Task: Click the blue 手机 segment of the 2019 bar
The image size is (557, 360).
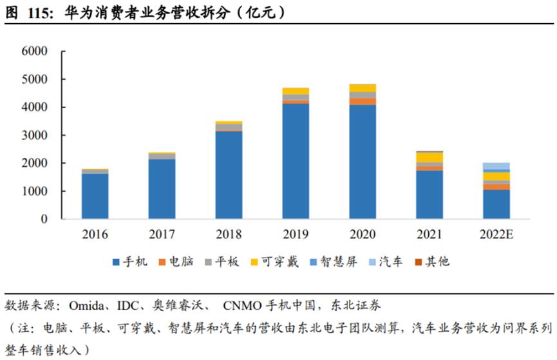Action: [296, 161]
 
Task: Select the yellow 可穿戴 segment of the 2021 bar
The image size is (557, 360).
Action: [430, 157]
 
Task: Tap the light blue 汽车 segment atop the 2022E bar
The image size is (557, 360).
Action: [496, 166]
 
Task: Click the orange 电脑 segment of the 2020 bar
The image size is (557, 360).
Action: [363, 102]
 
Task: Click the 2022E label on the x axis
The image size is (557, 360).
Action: [496, 234]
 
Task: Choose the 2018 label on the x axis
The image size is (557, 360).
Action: [229, 234]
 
